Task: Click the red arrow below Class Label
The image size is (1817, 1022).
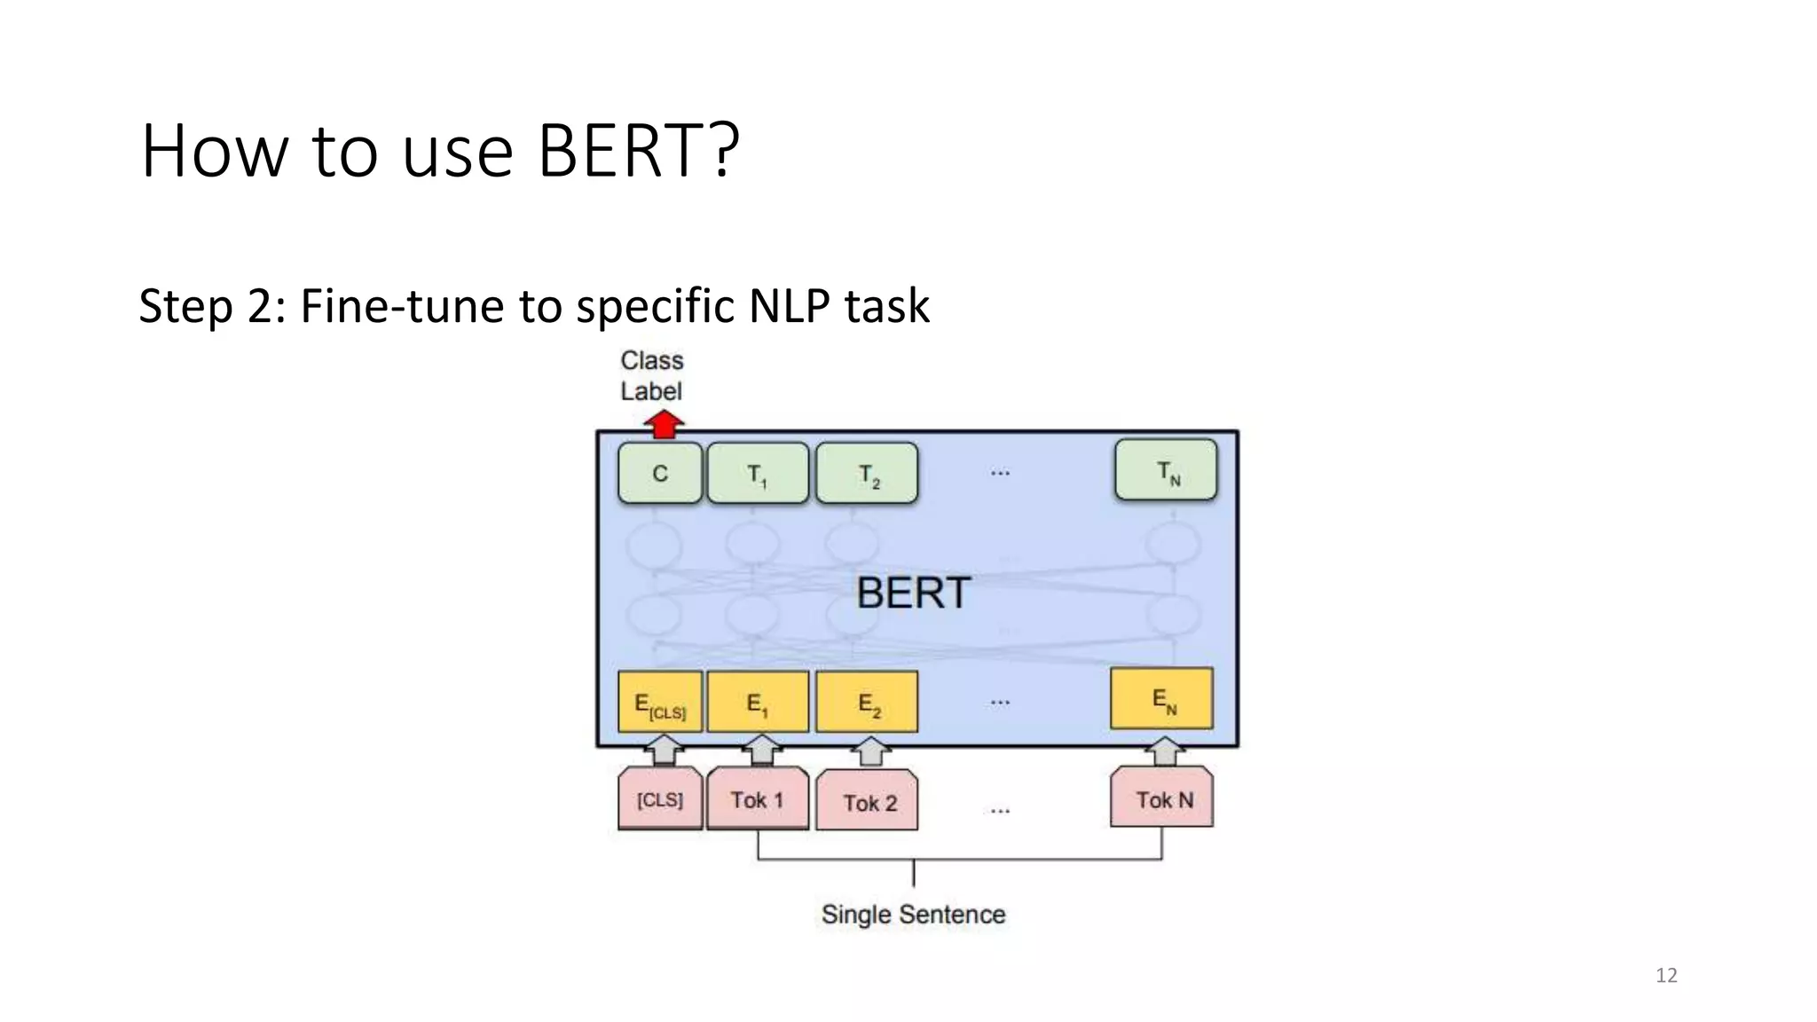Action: pos(664,424)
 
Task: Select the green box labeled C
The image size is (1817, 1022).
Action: pos(660,474)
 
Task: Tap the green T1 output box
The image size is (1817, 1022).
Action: pos(758,474)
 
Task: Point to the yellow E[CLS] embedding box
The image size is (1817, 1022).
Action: pos(660,703)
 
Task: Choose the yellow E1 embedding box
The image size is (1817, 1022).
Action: pos(758,703)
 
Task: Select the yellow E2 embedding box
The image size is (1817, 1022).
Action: pos(867,703)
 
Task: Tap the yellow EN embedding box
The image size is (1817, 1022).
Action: pos(1161,699)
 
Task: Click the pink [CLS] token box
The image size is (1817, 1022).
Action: pos(660,800)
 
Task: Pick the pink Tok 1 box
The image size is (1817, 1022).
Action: pos(758,800)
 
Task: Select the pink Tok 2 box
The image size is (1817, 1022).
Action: pos(867,803)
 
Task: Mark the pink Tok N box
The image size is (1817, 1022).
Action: pos(1162,800)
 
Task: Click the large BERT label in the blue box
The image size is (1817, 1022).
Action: pos(913,593)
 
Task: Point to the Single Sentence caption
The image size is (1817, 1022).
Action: pos(913,915)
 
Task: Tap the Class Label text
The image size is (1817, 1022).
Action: pos(652,375)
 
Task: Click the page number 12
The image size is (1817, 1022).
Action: pos(1666,976)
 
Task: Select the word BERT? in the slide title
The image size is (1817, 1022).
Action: pos(638,151)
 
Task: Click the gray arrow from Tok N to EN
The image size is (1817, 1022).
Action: pos(1163,751)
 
